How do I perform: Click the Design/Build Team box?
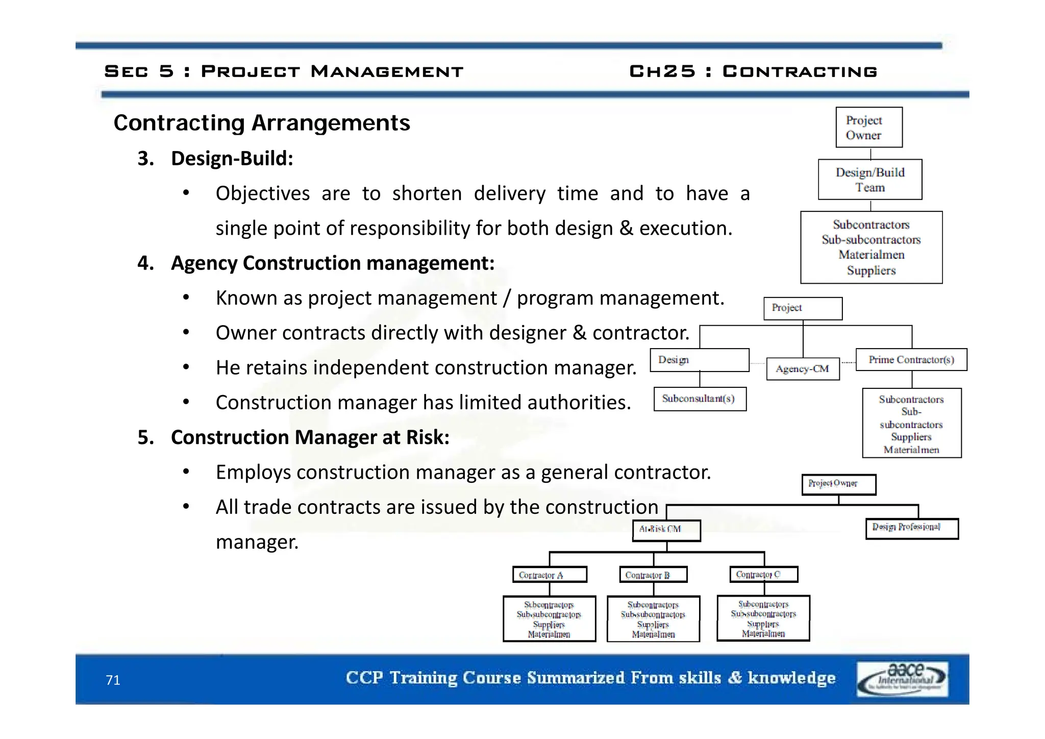point(870,180)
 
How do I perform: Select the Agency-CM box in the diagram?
point(803,369)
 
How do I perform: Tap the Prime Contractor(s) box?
point(911,360)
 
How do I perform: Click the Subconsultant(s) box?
point(700,399)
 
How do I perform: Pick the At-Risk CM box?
point(666,530)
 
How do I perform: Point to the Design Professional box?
point(912,528)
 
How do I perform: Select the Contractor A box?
point(550,575)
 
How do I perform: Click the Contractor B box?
point(653,575)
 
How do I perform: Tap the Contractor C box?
point(763,574)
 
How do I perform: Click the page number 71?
point(113,680)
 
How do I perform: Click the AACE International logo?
point(902,679)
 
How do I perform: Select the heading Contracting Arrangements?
point(261,123)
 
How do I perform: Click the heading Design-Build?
point(232,159)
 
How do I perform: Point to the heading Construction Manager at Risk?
point(310,437)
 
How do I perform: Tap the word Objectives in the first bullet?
point(262,194)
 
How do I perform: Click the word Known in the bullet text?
point(246,298)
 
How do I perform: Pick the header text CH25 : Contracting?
point(753,71)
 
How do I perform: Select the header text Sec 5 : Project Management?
point(284,71)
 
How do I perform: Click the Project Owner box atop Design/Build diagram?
point(868,128)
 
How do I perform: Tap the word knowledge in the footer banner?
point(791,678)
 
